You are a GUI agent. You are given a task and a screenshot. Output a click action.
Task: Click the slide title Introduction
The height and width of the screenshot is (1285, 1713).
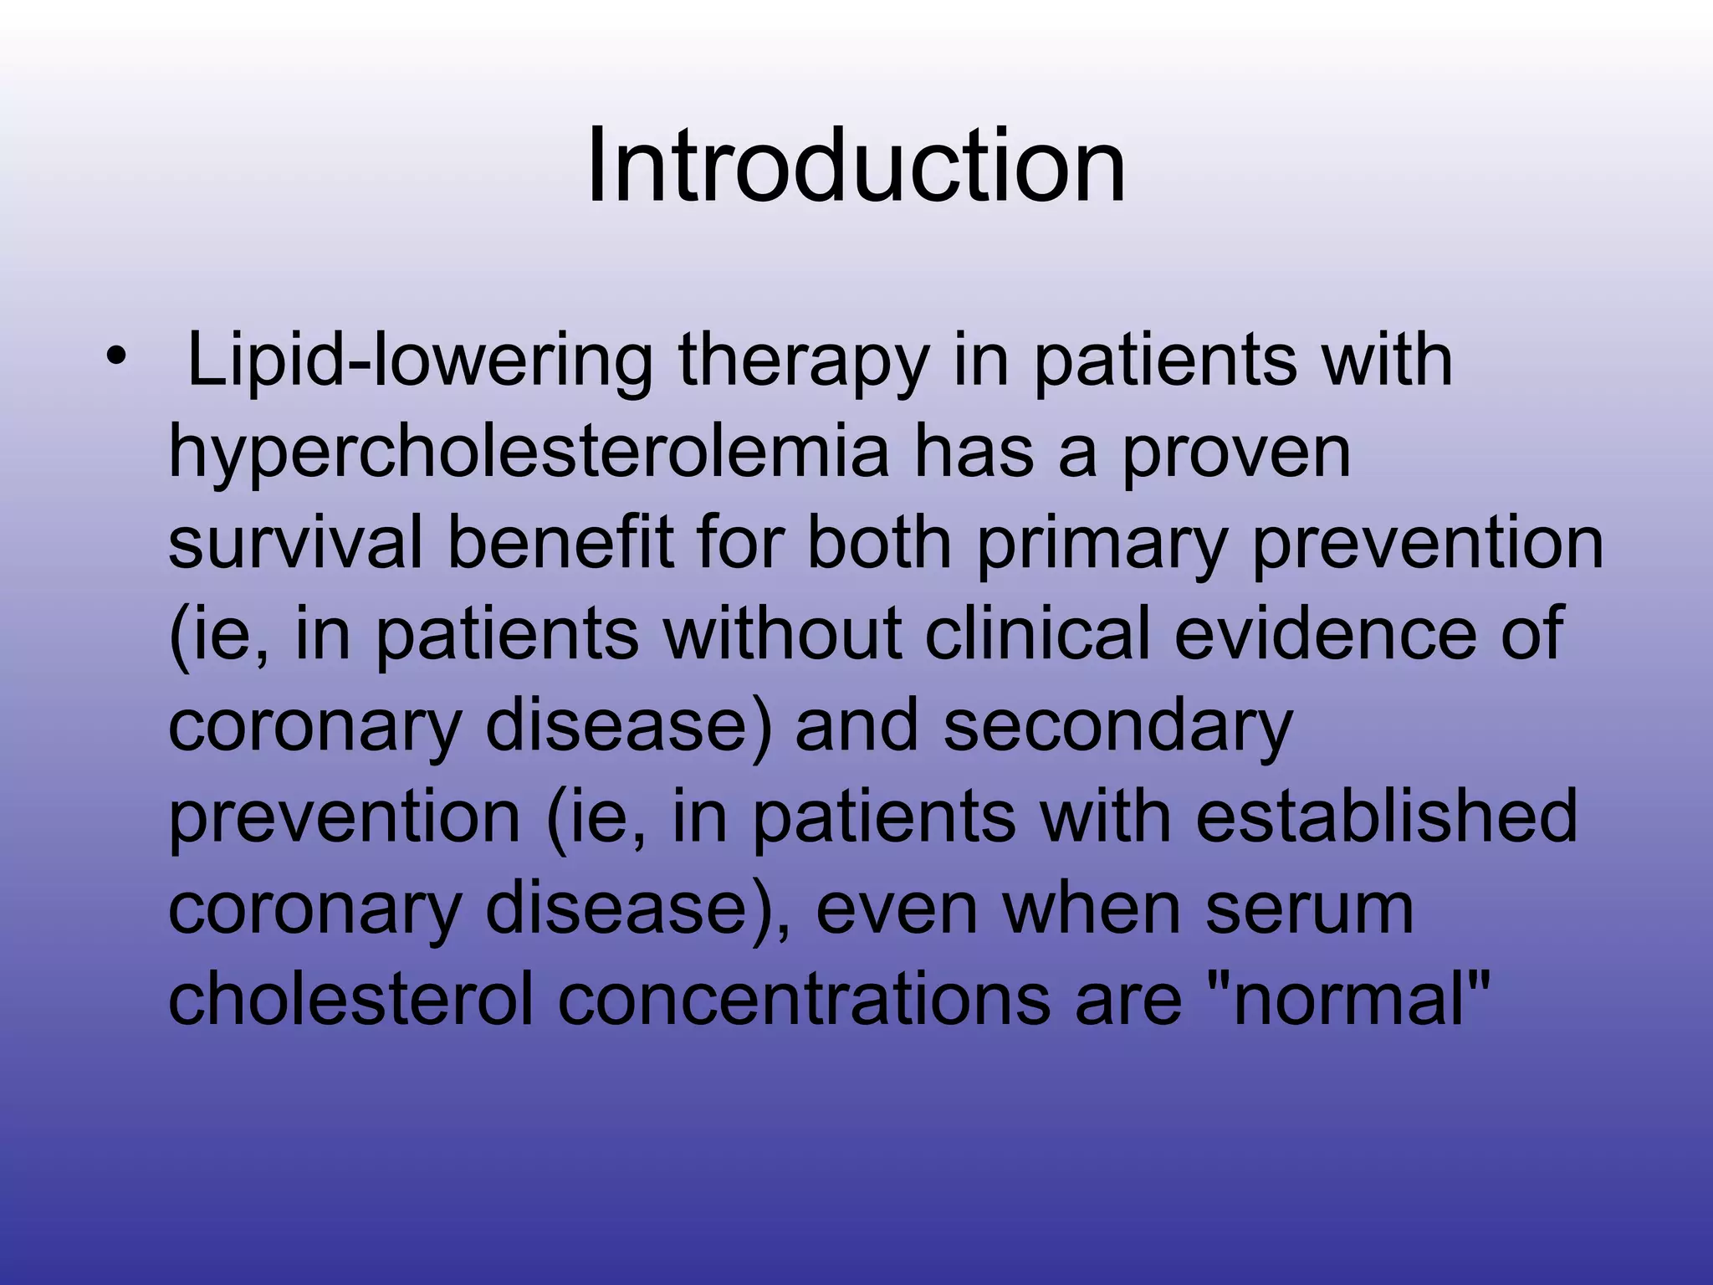tap(856, 166)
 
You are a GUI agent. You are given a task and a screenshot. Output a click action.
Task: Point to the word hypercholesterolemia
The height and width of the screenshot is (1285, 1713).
tap(529, 453)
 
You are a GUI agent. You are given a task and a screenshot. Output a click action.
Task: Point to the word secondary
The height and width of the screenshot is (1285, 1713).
tap(1117, 726)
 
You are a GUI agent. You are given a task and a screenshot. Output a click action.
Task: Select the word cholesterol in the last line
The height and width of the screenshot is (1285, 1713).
tap(350, 999)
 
